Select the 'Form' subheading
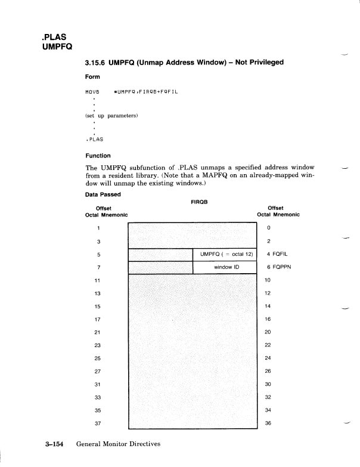coord(92,77)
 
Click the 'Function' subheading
coord(98,156)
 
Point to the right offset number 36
coord(268,423)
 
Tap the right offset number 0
coord(269,228)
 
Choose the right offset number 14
coord(268,305)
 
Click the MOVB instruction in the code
coord(91,92)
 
